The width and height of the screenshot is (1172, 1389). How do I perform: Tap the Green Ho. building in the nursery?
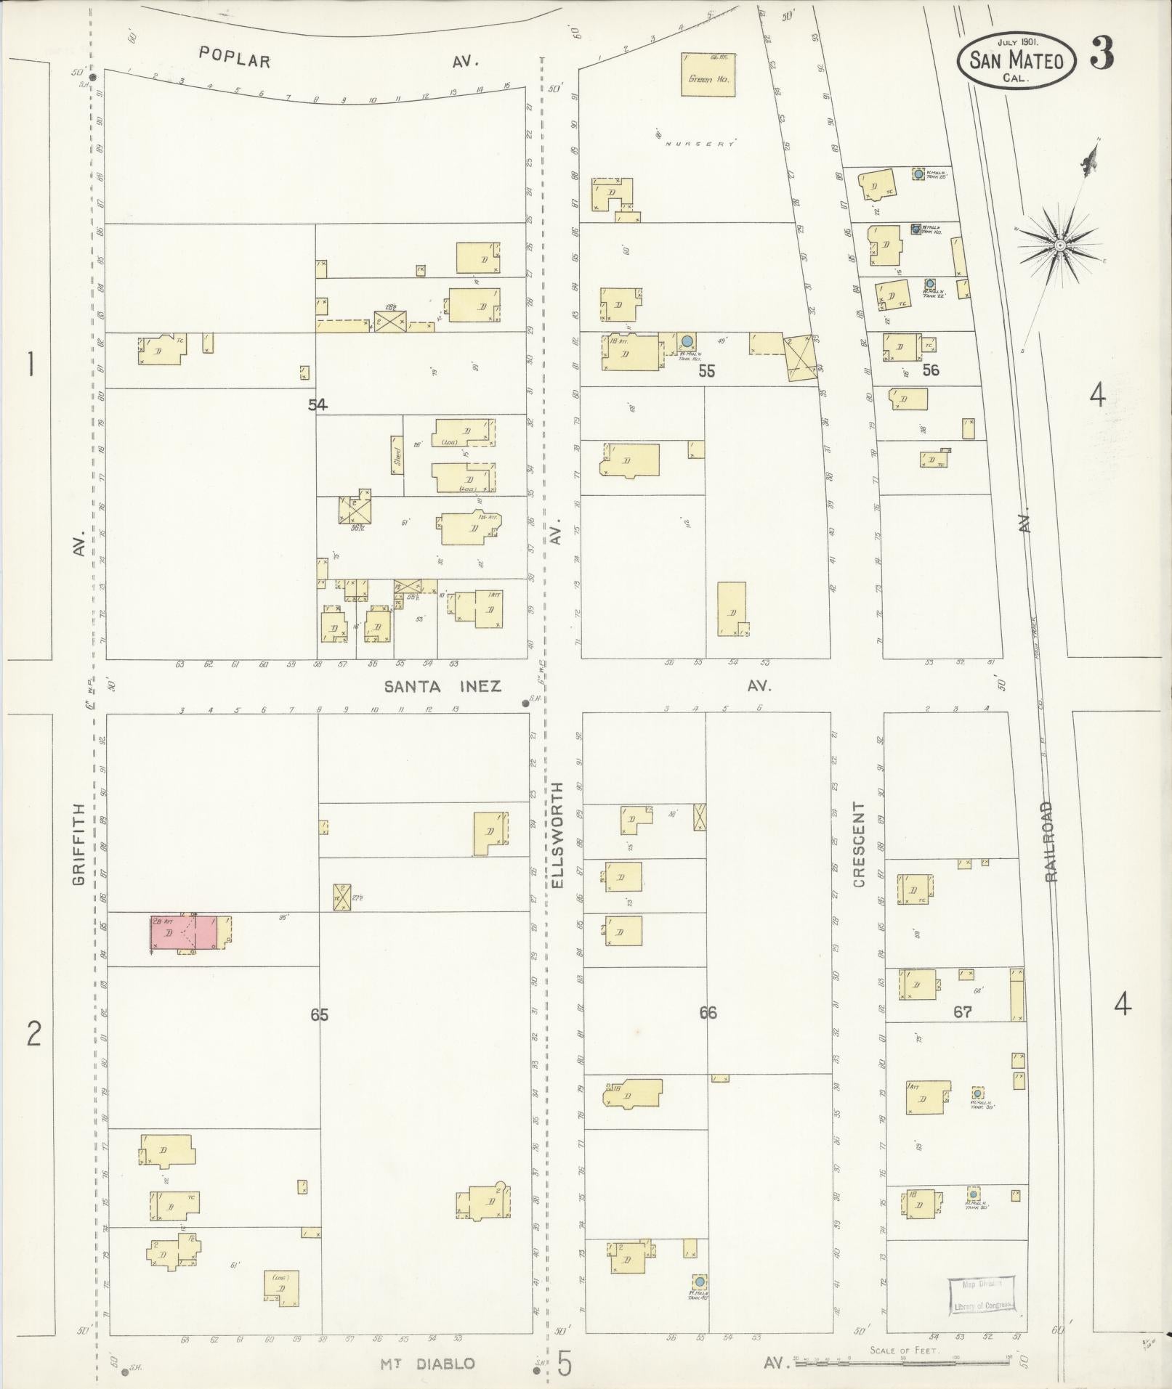pos(708,74)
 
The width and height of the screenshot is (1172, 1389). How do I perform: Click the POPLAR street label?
pos(235,59)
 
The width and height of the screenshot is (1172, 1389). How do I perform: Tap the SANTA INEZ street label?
pos(442,686)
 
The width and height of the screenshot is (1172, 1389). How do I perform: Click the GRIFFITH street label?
pos(78,844)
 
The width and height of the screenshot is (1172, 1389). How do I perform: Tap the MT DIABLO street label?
pos(428,1364)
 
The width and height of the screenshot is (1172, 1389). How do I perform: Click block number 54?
pos(318,405)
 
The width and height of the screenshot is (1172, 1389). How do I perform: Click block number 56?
pos(931,370)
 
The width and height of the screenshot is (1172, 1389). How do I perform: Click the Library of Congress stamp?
pos(982,1295)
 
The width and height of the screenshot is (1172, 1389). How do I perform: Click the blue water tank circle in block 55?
pos(687,341)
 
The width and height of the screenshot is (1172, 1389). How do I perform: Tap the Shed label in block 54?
pos(397,455)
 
